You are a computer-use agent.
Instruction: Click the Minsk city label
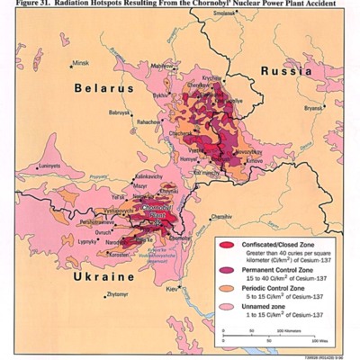[x=81, y=63]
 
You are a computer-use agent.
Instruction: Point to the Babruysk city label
[x=120, y=113]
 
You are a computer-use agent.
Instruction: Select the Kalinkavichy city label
[x=149, y=176]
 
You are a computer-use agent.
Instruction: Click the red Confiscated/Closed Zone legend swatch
[x=227, y=246]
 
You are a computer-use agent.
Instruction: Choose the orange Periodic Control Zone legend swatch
[x=227, y=289]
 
